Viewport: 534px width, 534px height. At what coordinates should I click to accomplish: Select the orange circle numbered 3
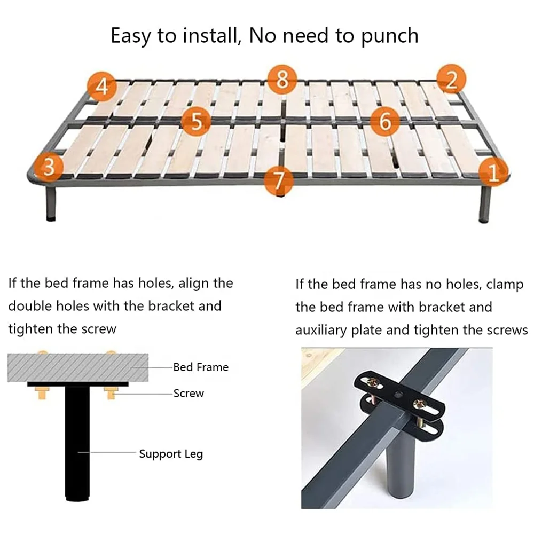tap(49, 167)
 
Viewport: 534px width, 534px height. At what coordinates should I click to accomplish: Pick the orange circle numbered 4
tap(102, 86)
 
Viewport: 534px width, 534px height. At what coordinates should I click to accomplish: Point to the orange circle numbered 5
tap(196, 122)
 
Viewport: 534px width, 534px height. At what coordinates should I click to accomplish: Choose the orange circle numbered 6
tap(384, 121)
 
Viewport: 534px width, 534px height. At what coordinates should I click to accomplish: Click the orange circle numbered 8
tap(282, 80)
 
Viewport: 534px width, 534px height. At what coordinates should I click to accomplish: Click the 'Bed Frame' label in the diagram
tap(200, 367)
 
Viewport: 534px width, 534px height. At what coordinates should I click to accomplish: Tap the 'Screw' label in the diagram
tap(189, 394)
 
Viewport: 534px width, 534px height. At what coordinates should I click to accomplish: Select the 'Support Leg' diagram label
tap(171, 454)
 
